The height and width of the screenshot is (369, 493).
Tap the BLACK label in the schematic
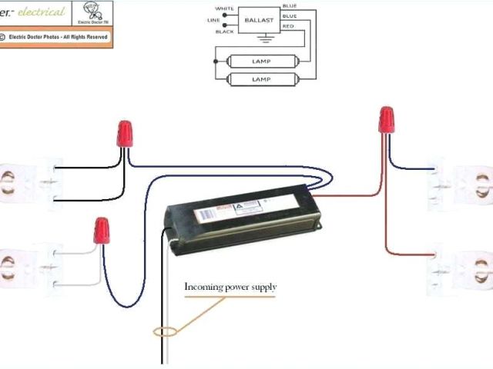[224, 32]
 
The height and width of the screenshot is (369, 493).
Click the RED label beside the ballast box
[288, 26]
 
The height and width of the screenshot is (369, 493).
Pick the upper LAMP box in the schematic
[262, 60]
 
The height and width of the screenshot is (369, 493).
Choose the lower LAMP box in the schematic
[262, 79]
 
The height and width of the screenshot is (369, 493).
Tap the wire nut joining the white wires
[101, 230]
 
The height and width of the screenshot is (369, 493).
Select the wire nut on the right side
[387, 121]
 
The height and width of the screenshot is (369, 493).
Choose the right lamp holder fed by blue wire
[461, 183]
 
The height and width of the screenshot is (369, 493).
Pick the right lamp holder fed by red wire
[461, 265]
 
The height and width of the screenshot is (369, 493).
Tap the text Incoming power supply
[230, 288]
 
